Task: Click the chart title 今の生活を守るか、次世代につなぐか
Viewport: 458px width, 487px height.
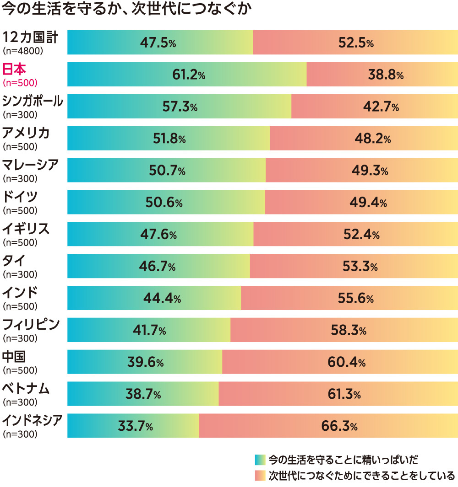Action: point(127,10)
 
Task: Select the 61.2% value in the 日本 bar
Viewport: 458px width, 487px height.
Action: point(188,75)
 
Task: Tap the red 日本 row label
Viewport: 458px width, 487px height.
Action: point(14,69)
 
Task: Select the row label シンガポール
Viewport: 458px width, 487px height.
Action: point(32,101)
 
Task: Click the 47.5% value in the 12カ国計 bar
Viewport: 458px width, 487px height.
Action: point(158,43)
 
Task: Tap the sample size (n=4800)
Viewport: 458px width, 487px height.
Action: point(22,51)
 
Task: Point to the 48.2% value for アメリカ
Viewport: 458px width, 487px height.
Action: point(372,139)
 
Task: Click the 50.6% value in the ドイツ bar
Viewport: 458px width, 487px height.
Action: point(166,203)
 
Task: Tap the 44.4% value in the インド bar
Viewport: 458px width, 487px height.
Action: point(162,299)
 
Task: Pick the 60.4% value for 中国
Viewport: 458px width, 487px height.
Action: point(346,363)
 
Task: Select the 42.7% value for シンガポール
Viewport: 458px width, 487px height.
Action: point(381,107)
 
